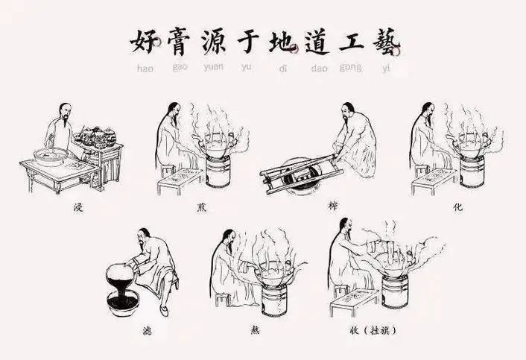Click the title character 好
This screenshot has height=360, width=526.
145,41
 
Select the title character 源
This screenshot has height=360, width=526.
214,41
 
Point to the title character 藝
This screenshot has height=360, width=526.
386,41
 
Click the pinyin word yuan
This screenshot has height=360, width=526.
214,67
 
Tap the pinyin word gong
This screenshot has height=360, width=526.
351,67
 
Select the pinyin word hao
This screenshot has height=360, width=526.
145,69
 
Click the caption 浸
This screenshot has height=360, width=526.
78,207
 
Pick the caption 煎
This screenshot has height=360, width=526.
202,208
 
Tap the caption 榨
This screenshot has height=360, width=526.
333,206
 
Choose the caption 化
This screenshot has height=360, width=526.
458,207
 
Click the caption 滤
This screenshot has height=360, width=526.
147,331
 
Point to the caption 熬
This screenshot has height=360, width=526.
256,330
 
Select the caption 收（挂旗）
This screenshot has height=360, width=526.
373,330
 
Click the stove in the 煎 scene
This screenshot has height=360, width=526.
218,171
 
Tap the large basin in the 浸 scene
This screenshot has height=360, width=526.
51,157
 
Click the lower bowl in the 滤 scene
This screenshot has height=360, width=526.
123,303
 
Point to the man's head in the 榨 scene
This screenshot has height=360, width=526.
348,111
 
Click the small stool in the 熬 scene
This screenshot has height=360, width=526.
222,300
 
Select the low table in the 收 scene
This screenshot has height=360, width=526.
354,302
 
